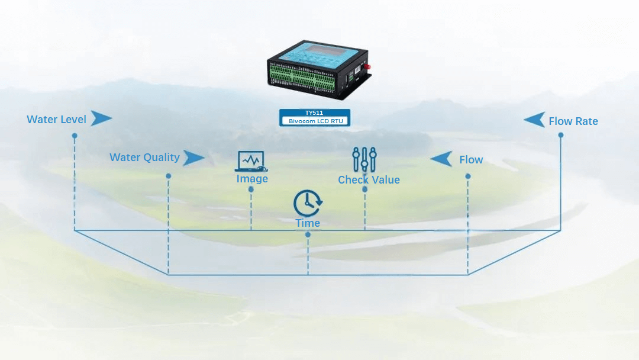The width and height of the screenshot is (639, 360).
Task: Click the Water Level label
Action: point(56,120)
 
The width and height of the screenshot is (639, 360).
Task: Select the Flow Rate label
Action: point(573,121)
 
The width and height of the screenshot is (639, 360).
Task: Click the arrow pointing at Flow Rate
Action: point(535,120)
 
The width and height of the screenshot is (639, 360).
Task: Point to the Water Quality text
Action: point(144,157)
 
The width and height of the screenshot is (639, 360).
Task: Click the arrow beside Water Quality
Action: point(193,158)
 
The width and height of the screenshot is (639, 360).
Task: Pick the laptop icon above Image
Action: point(251,161)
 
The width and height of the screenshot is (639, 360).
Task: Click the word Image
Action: point(252,179)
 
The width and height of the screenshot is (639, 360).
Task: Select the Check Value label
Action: point(369,180)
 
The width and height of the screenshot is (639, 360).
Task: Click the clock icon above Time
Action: point(308,203)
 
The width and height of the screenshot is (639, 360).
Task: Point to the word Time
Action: point(308,223)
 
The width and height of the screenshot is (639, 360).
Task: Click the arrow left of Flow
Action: point(441,159)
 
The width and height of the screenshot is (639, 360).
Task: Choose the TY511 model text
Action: point(314,112)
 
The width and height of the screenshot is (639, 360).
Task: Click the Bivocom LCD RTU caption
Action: point(315,121)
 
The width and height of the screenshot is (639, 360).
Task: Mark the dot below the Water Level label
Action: point(75,136)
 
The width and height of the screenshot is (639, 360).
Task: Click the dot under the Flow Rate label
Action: point(560,135)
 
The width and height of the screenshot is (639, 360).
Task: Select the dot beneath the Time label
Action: point(308,234)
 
